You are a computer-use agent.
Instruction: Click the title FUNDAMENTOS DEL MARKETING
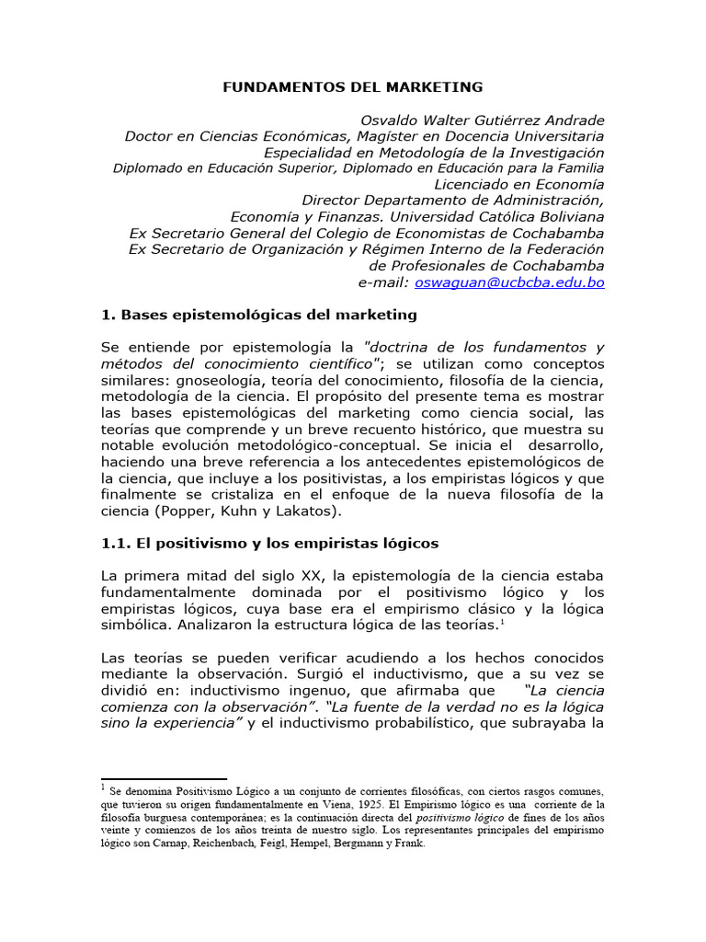(353, 87)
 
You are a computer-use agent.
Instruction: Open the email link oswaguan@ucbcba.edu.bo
(509, 282)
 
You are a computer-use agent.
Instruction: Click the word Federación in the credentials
(564, 249)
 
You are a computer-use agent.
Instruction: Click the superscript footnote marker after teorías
(502, 622)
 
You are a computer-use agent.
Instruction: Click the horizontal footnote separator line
(163, 779)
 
